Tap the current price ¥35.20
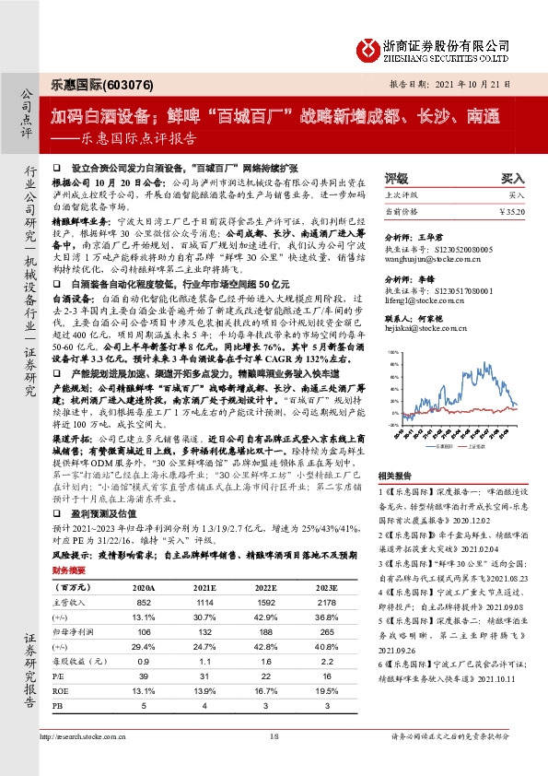(x=510, y=211)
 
